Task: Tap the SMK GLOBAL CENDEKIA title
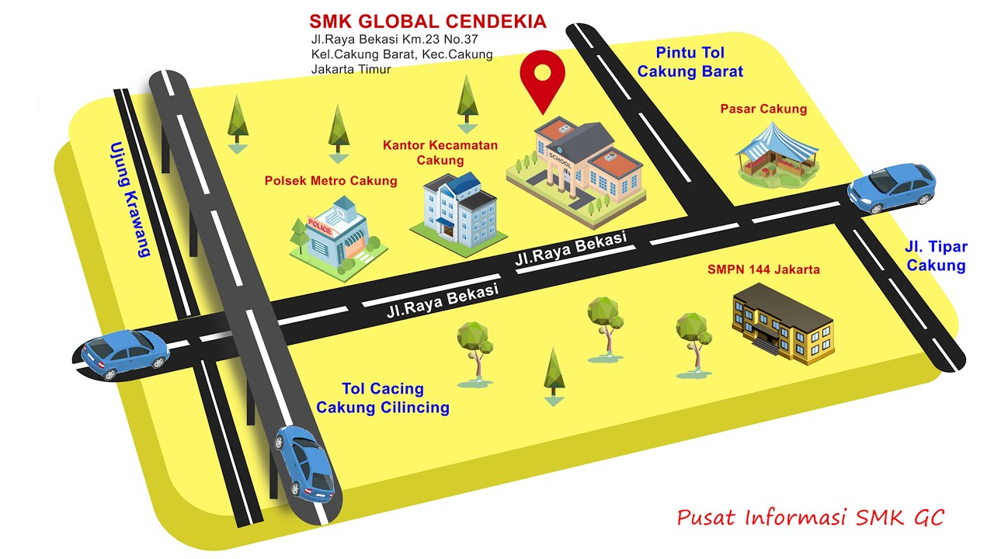(428, 21)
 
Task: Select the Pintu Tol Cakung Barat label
(690, 62)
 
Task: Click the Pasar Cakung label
(763, 109)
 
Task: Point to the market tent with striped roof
(777, 153)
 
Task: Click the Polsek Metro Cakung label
(331, 181)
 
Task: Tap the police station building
(338, 240)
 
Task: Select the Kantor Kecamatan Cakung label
(440, 153)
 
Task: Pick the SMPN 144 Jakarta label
(763, 269)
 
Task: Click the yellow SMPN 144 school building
(783, 324)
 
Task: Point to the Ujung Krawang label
(129, 200)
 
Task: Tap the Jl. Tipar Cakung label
(936, 256)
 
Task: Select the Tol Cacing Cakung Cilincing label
(383, 398)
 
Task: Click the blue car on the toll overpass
(305, 464)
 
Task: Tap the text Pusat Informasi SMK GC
(810, 517)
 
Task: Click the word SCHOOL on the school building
(560, 160)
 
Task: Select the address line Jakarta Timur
(350, 69)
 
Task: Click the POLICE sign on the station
(320, 226)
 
